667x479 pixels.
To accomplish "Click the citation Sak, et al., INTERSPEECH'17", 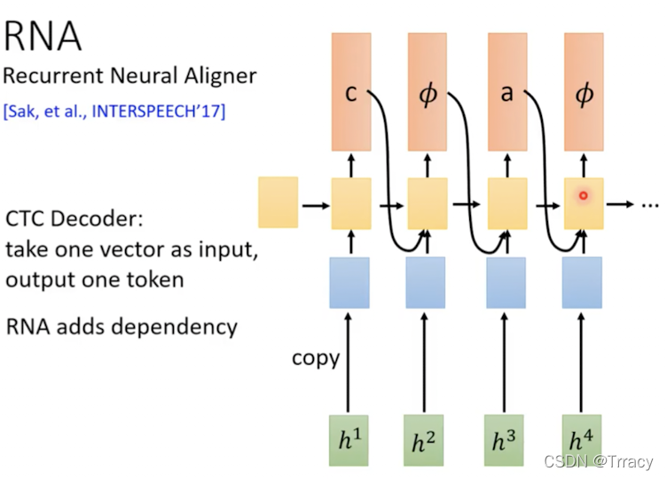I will coord(114,112).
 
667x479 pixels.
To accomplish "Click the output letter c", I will coord(350,93).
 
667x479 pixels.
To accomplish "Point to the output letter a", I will coord(506,93).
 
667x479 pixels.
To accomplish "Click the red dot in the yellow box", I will coord(583,195).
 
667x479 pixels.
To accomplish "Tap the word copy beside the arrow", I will coord(316,358).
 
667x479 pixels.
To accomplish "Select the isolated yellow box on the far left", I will coord(278,203).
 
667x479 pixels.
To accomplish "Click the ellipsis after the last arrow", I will coord(650,204).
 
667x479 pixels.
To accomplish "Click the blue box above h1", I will coord(349,282).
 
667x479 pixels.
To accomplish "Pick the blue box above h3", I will coord(506,282).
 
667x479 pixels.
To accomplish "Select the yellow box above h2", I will coord(426,203).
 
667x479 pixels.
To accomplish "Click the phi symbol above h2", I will coord(428,94).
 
